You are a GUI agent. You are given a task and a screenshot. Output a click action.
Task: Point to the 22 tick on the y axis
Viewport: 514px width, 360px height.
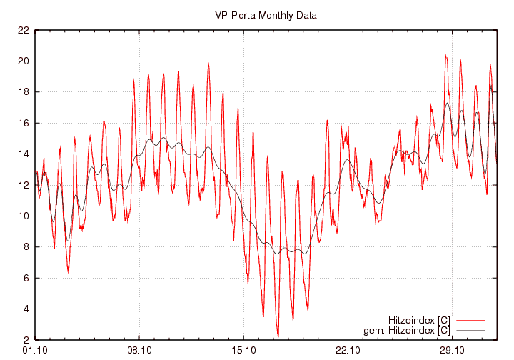tap(24, 31)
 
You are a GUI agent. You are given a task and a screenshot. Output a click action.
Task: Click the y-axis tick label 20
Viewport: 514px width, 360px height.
tap(24, 61)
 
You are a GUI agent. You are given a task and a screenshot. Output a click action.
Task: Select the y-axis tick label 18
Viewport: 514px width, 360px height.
tap(24, 92)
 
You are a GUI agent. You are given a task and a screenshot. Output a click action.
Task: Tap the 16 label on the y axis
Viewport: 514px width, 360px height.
tap(24, 124)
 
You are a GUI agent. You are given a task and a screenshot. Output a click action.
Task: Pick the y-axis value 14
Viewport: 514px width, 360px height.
tap(24, 154)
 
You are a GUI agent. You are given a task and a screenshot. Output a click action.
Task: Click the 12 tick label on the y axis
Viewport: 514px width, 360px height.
tap(24, 185)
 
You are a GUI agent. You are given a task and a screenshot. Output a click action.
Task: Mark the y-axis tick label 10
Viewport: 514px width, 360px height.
tap(24, 216)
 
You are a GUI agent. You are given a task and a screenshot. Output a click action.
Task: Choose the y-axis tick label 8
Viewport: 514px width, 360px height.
tap(26, 247)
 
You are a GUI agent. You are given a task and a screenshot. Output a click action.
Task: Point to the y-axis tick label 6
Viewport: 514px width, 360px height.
tap(26, 278)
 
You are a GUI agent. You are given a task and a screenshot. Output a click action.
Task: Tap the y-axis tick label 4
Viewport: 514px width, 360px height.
tap(26, 309)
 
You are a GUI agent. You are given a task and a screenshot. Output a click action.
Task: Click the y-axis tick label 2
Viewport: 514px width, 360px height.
tap(26, 340)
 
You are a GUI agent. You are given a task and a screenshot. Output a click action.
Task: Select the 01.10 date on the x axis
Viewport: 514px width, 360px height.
tap(35, 350)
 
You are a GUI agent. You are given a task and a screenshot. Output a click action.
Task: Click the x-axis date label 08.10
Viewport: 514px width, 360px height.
tap(139, 350)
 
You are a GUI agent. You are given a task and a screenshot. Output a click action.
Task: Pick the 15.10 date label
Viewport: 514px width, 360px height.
tap(243, 350)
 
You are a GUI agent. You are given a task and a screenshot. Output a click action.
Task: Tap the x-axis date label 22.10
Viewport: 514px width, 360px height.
tap(348, 350)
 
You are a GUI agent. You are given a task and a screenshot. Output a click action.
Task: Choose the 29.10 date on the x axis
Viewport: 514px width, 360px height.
tap(452, 350)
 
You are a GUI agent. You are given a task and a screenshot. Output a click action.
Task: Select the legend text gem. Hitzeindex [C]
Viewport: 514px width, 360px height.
tap(407, 330)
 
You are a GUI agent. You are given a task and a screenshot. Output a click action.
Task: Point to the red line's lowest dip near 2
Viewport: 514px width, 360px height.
tap(278, 336)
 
